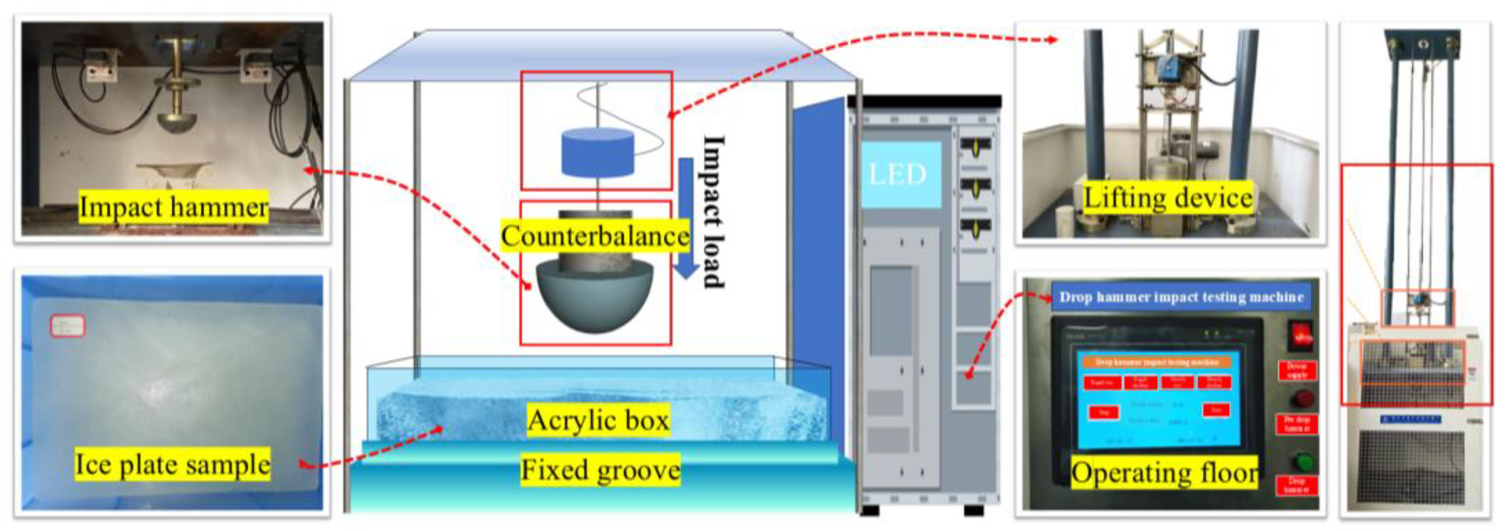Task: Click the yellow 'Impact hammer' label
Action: tap(173, 207)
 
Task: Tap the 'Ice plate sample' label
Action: tap(172, 464)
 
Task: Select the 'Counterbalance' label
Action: tap(595, 236)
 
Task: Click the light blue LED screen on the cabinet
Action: tap(898, 174)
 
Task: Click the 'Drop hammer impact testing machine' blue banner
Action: tap(1181, 297)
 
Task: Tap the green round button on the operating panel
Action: tap(1303, 462)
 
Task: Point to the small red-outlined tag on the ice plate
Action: tap(67, 326)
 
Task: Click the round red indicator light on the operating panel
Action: tap(1303, 399)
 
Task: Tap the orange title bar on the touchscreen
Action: tap(1156, 362)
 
